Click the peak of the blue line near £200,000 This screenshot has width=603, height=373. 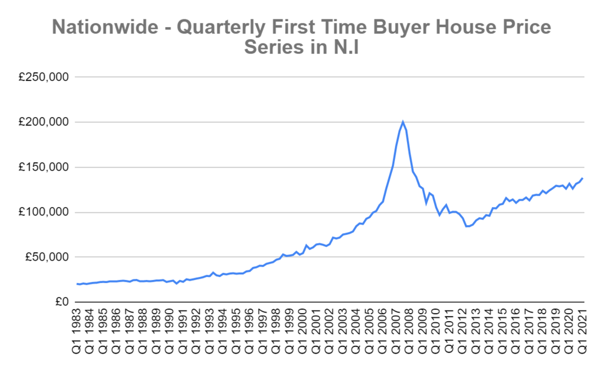pyautogui.click(x=403, y=122)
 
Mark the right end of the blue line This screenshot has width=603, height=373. pyautogui.click(x=582, y=178)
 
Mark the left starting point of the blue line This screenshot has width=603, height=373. pyautogui.click(x=77, y=284)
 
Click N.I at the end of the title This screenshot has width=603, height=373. pyautogui.click(x=343, y=48)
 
